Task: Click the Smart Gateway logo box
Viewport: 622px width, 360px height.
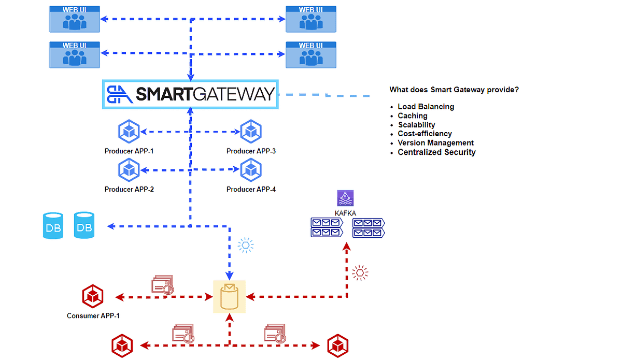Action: point(190,94)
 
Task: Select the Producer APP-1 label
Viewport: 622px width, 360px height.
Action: point(129,151)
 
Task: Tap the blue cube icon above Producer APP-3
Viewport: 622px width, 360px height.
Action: point(251,132)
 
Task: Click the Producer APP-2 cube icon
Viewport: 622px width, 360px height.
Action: point(129,170)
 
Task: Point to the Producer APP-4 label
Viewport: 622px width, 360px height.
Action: point(251,190)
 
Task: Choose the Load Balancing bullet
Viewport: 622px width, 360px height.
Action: point(426,107)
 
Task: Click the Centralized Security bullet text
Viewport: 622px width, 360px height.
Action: point(436,152)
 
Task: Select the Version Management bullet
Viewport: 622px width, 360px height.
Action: point(435,143)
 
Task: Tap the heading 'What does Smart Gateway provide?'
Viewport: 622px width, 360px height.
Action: point(454,90)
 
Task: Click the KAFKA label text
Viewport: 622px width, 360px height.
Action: point(345,213)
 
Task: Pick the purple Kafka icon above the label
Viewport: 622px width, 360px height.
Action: point(345,199)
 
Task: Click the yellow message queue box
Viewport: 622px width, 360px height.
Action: point(229,297)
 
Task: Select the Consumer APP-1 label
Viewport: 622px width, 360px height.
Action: point(93,315)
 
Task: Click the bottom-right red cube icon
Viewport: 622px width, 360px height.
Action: point(337,345)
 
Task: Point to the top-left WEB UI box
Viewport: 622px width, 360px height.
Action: point(74,19)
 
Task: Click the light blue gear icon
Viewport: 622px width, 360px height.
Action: point(246,245)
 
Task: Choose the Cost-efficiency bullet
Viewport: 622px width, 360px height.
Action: point(425,134)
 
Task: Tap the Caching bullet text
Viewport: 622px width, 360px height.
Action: point(413,116)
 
